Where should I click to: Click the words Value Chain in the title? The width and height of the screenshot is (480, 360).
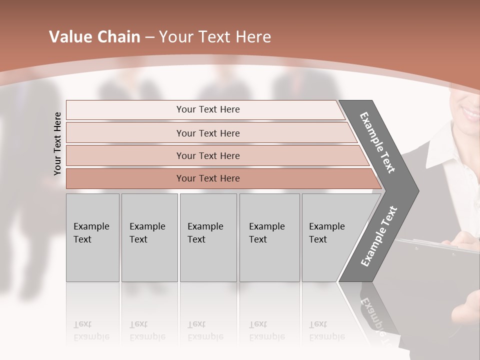pyautogui.click(x=94, y=37)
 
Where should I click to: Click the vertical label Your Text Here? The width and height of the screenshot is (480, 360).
pyautogui.click(x=57, y=143)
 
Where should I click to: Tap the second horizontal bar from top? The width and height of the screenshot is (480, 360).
pyautogui.click(x=207, y=133)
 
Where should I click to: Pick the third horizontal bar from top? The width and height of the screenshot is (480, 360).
pyautogui.click(x=207, y=155)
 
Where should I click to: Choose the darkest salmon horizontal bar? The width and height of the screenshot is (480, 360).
pyautogui.click(x=207, y=178)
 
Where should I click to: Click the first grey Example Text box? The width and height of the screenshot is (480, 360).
pyautogui.click(x=92, y=237)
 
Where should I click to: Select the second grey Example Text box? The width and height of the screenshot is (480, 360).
pyautogui.click(x=149, y=237)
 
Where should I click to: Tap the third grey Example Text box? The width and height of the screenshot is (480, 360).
pyautogui.click(x=208, y=237)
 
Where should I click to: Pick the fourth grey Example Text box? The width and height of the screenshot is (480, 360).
pyautogui.click(x=269, y=237)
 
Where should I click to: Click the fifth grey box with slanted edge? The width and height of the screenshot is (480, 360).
pyautogui.click(x=330, y=237)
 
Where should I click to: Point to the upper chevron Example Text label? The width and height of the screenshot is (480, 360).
pyautogui.click(x=377, y=142)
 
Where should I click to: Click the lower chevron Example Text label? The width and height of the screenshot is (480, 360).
pyautogui.click(x=379, y=236)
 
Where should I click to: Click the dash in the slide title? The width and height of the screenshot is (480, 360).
pyautogui.click(x=149, y=37)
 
